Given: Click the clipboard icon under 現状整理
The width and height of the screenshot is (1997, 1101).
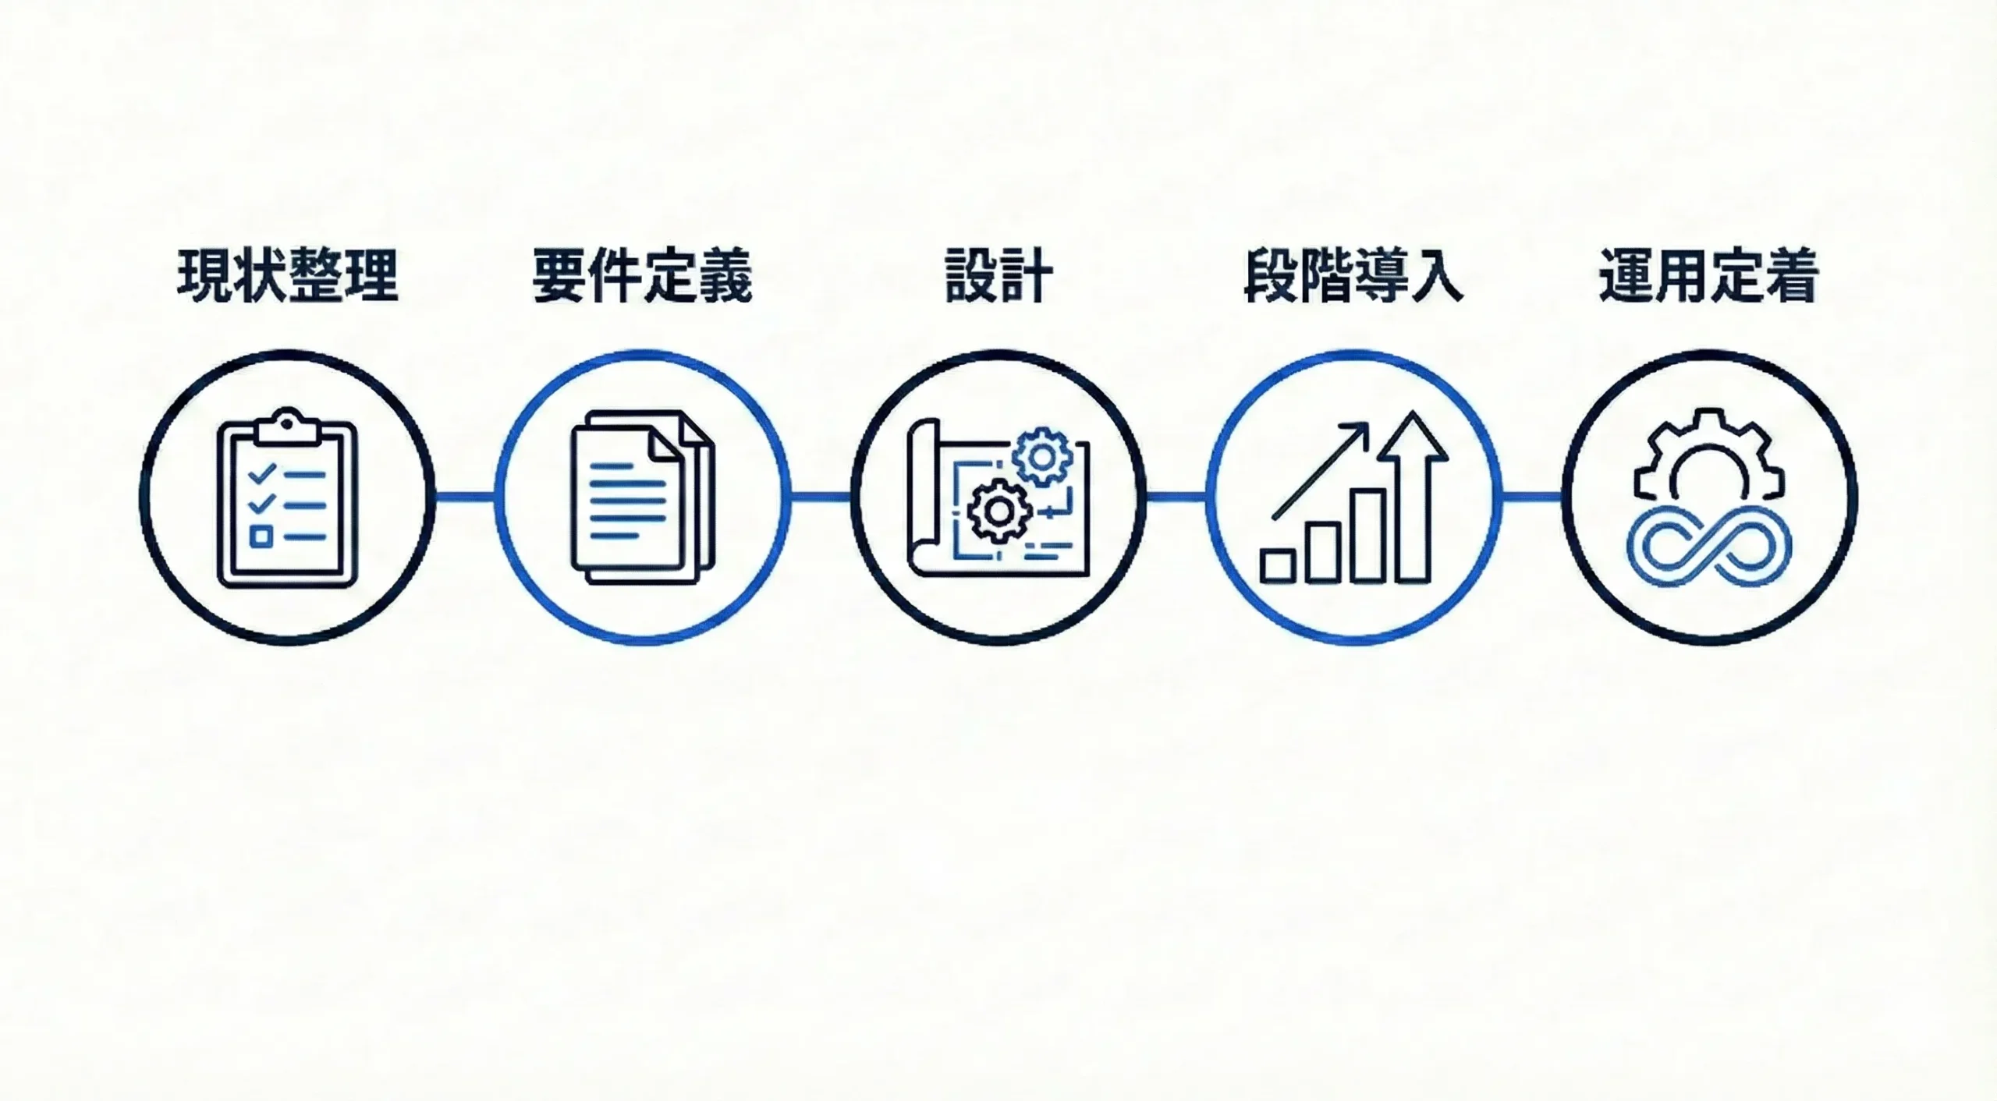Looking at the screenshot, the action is pyautogui.click(x=287, y=499).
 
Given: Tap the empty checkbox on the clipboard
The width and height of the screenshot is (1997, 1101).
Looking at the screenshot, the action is pyautogui.click(x=261, y=536).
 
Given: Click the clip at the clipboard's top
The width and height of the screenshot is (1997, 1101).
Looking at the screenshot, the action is pyautogui.click(x=287, y=427).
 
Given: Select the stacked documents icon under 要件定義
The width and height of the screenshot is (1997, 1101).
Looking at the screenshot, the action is pyautogui.click(x=642, y=497).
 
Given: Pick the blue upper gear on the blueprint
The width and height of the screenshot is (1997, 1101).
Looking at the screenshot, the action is pyautogui.click(x=1041, y=457).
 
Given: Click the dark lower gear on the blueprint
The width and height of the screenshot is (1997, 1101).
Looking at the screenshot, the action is pyautogui.click(x=999, y=512).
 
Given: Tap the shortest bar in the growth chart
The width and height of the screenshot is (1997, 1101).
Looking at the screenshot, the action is pyautogui.click(x=1278, y=565).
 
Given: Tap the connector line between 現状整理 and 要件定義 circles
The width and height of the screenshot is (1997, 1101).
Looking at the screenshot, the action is pyautogui.click(x=465, y=497).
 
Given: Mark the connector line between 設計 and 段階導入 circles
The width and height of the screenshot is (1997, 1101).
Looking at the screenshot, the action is pyautogui.click(x=1176, y=497).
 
